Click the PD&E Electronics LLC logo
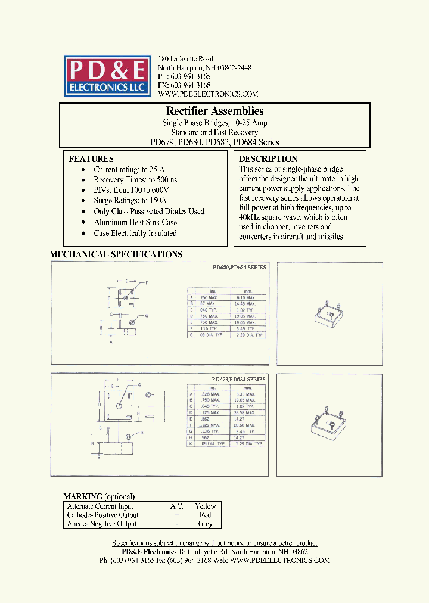(x=106, y=76)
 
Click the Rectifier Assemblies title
(x=214, y=111)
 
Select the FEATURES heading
(x=91, y=159)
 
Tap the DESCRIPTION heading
(x=268, y=159)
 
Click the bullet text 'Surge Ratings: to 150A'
(x=130, y=201)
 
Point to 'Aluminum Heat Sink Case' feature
(x=135, y=222)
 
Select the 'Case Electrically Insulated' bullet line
(x=135, y=233)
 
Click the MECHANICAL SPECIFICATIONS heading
(x=116, y=254)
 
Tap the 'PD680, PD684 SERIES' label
(x=239, y=268)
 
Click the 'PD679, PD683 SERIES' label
(x=238, y=379)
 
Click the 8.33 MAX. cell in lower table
(x=245, y=394)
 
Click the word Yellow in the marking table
(x=206, y=506)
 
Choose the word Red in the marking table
(x=206, y=515)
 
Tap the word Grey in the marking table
(x=206, y=524)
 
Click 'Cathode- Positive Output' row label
(x=102, y=515)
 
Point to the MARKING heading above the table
(x=83, y=496)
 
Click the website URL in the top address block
(x=208, y=94)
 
